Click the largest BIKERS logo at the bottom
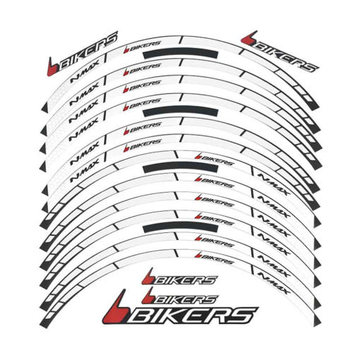pyautogui.click(x=180, y=309)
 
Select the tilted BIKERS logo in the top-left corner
pyautogui.click(x=83, y=54)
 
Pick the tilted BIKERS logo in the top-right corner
pyautogui.click(x=280, y=52)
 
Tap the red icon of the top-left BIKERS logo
pyautogui.click(x=53, y=67)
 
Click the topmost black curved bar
pyautogui.click(x=181, y=54)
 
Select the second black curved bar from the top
pyautogui.click(x=181, y=111)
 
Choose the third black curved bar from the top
pyautogui.click(x=181, y=168)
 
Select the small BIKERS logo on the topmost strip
pyautogui.click(x=142, y=47)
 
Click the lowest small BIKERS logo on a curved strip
pyautogui.click(x=214, y=258)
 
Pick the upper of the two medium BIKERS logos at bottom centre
pyautogui.click(x=179, y=277)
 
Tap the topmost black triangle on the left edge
pyautogui.click(x=45, y=107)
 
